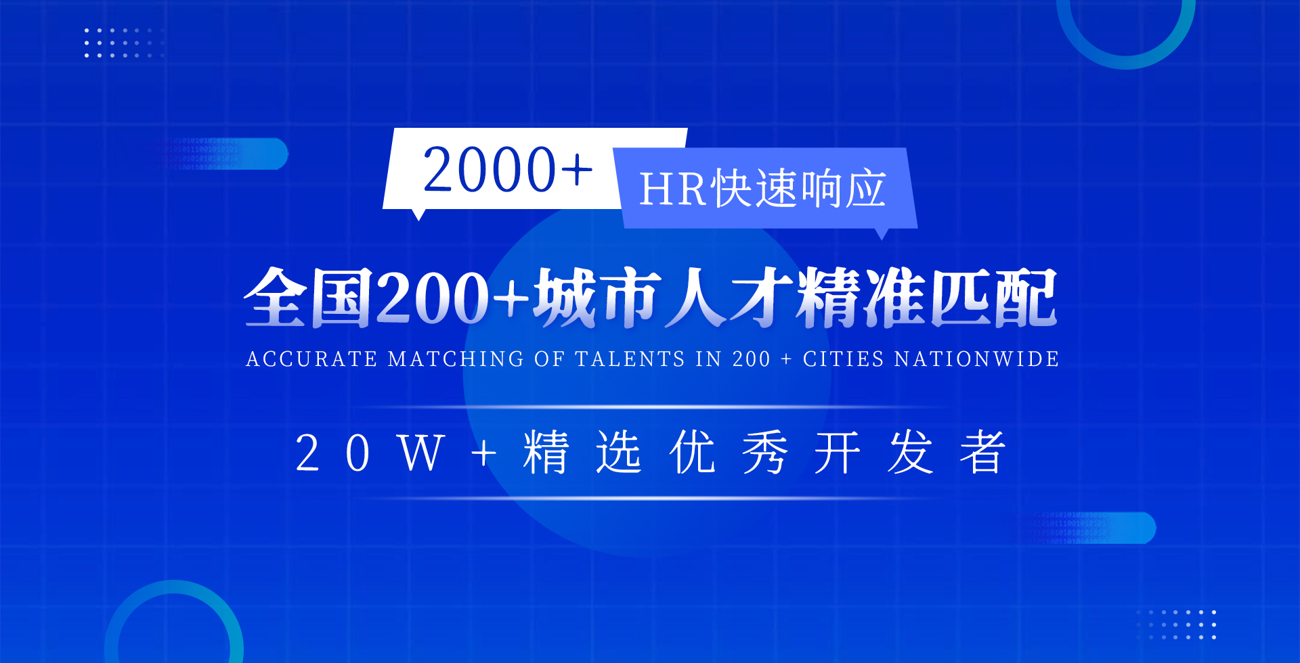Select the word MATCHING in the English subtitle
pos(456,359)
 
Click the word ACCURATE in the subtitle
pos(311,359)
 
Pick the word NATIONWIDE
pos(976,359)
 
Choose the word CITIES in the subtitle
pos(843,359)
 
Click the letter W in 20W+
pos(421,453)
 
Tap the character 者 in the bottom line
pos(982,453)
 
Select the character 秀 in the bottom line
pos(764,453)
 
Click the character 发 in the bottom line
pos(910,453)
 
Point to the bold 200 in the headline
pos(432,298)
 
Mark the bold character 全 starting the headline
pos(274,298)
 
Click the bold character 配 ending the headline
pos(1025,298)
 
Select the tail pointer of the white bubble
pos(419,214)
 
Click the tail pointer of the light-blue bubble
pos(882,233)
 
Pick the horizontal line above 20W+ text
pos(650,407)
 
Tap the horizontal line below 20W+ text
pos(650,499)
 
